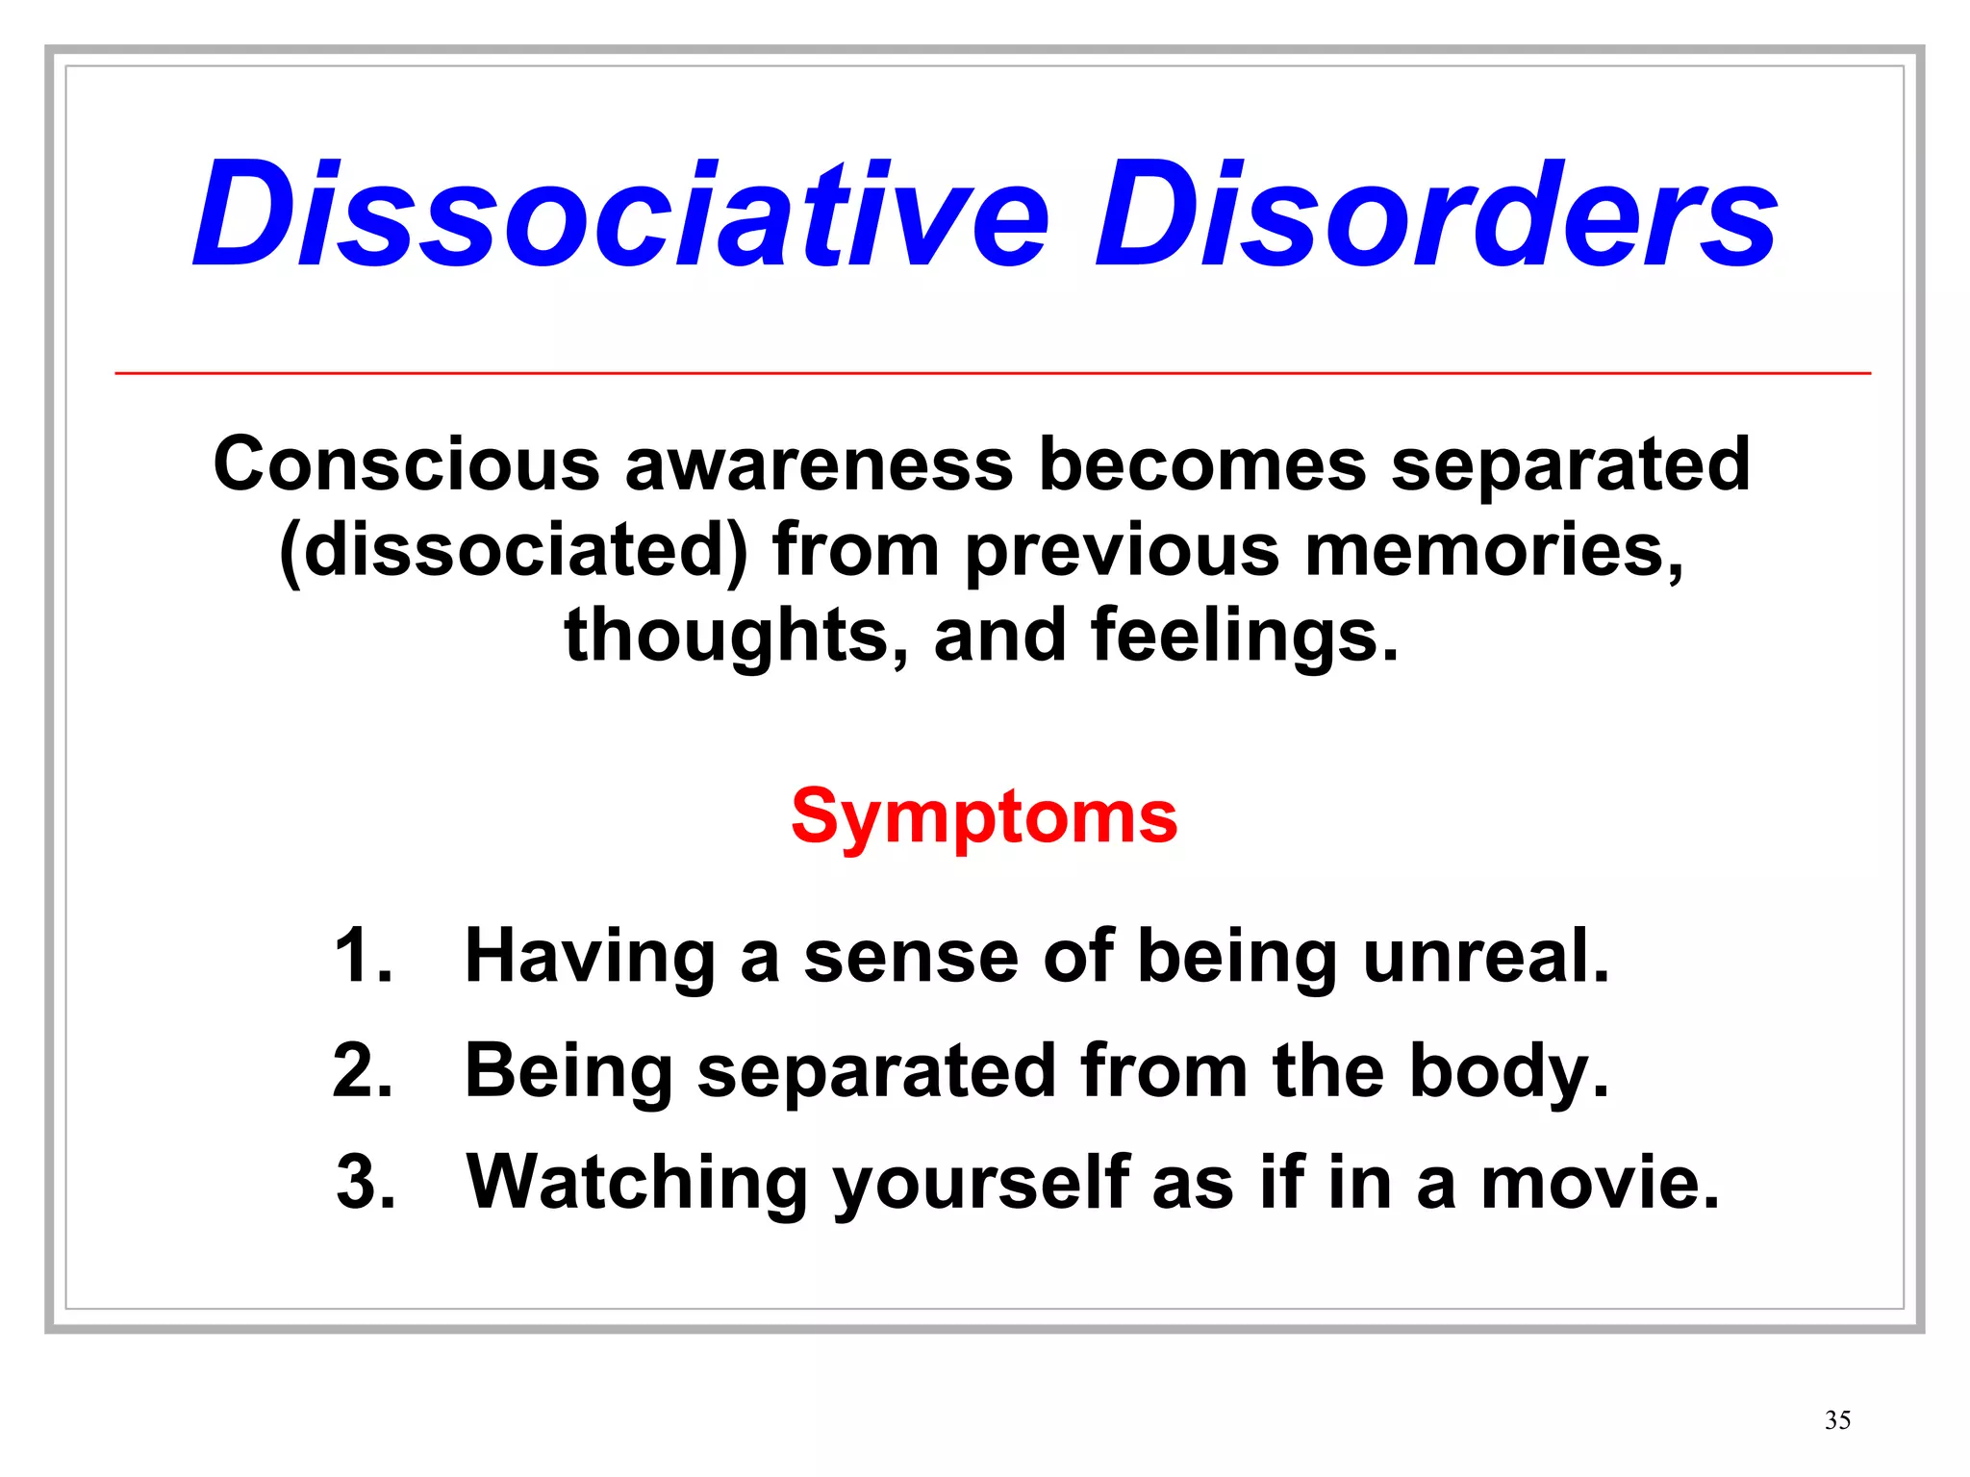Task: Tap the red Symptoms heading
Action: click(983, 816)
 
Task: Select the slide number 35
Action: click(1837, 1420)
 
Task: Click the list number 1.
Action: click(363, 956)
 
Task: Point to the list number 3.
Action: click(366, 1183)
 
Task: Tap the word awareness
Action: click(819, 464)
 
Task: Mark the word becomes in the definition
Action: click(1202, 464)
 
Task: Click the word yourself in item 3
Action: click(980, 1183)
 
